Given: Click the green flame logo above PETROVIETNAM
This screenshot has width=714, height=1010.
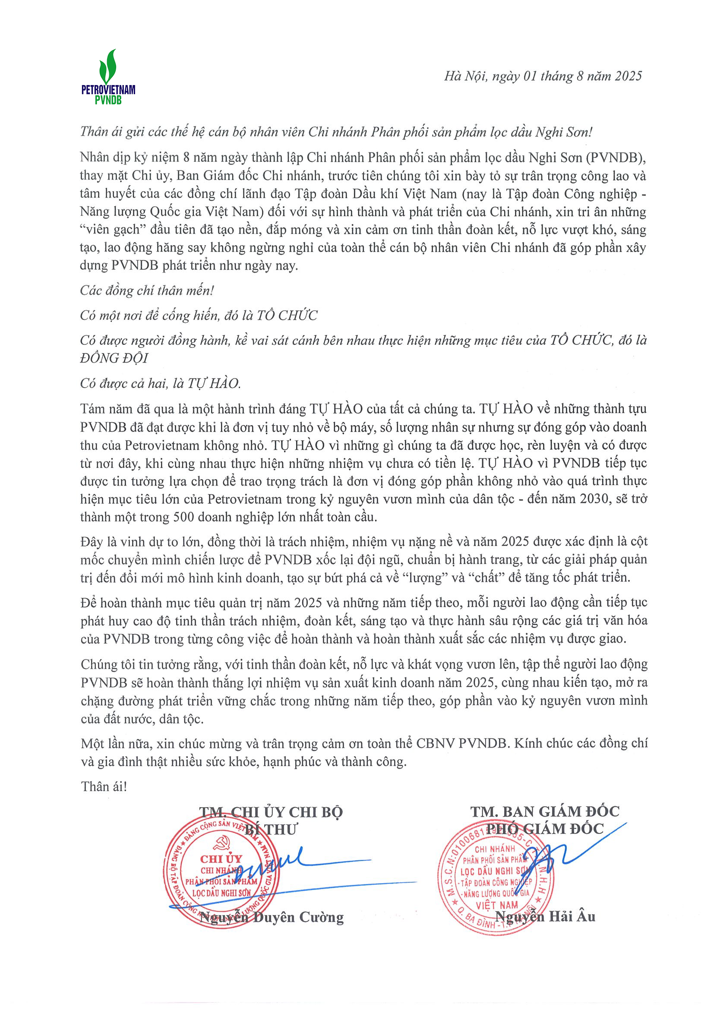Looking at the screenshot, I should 108,66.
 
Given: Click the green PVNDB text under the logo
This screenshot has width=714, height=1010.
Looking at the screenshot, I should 108,100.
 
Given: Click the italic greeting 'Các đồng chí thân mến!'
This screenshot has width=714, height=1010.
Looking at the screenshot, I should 147,290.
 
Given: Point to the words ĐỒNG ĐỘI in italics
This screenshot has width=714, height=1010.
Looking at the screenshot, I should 114,358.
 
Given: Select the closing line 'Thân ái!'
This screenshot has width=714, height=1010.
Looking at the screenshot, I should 104,786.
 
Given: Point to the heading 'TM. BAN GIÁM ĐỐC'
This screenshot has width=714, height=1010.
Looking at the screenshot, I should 545,811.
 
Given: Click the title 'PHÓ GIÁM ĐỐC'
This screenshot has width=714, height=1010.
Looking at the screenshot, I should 545,829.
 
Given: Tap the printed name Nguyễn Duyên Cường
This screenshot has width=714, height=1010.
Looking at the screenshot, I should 272,917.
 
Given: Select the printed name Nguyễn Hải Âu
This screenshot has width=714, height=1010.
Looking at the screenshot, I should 545,917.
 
